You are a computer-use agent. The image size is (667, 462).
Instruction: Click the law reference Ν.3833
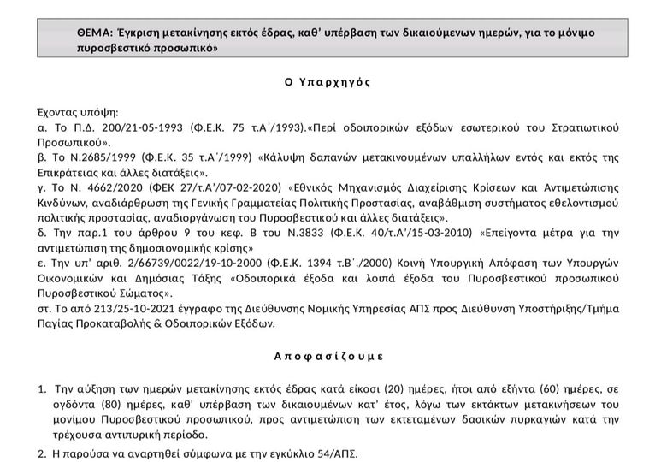click(307, 232)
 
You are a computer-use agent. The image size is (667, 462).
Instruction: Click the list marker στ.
click(48, 307)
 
